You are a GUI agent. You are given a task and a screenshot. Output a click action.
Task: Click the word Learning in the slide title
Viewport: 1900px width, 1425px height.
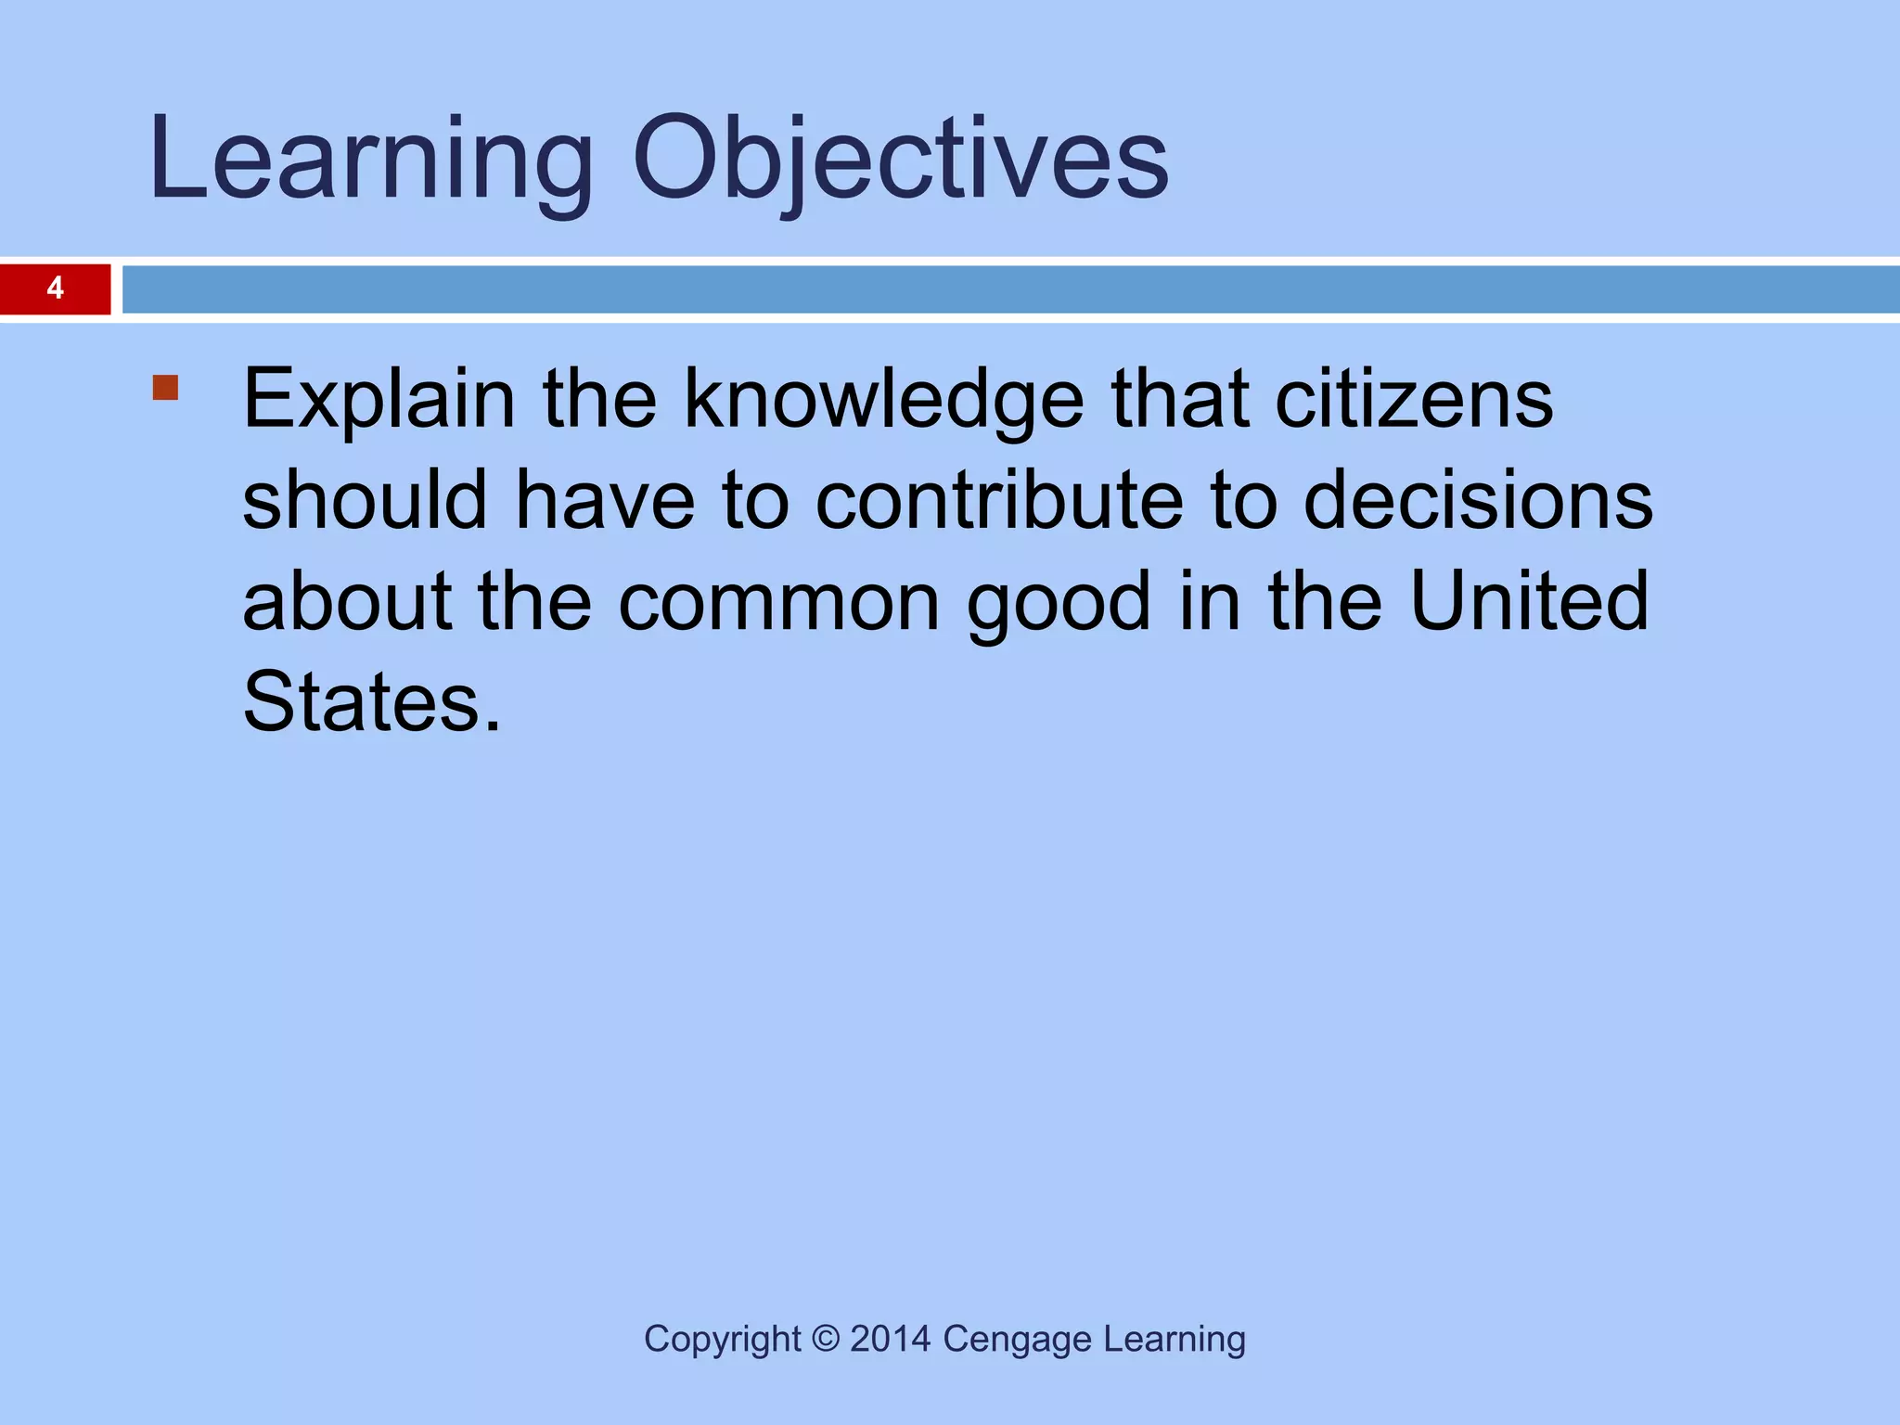[x=371, y=160]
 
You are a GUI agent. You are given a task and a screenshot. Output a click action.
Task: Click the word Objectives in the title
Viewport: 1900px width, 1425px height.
[x=900, y=160]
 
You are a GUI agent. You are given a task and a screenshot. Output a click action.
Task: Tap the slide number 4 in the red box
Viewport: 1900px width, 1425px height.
[x=56, y=289]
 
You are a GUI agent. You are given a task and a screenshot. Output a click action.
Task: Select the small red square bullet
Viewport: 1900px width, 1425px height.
[x=165, y=387]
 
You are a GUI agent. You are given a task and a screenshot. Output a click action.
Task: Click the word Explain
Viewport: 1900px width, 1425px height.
[x=379, y=401]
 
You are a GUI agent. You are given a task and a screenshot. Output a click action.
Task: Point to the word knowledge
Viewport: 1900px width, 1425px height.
[x=883, y=401]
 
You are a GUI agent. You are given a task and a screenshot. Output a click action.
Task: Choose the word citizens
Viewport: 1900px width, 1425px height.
[x=1414, y=401]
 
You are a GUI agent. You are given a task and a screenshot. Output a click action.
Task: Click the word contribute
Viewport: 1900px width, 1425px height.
[x=999, y=501]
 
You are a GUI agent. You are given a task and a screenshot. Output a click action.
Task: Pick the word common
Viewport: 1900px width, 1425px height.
[x=779, y=603]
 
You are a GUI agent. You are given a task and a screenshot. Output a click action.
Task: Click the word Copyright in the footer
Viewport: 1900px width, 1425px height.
[x=722, y=1340]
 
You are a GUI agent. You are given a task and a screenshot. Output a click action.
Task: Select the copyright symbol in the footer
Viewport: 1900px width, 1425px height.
[x=825, y=1339]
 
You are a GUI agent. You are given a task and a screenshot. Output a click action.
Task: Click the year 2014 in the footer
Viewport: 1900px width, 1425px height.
[x=890, y=1339]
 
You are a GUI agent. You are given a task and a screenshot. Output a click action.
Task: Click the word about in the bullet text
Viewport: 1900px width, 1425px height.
[x=347, y=603]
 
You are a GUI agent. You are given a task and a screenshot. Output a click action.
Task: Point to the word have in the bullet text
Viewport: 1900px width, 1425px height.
[x=605, y=501]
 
